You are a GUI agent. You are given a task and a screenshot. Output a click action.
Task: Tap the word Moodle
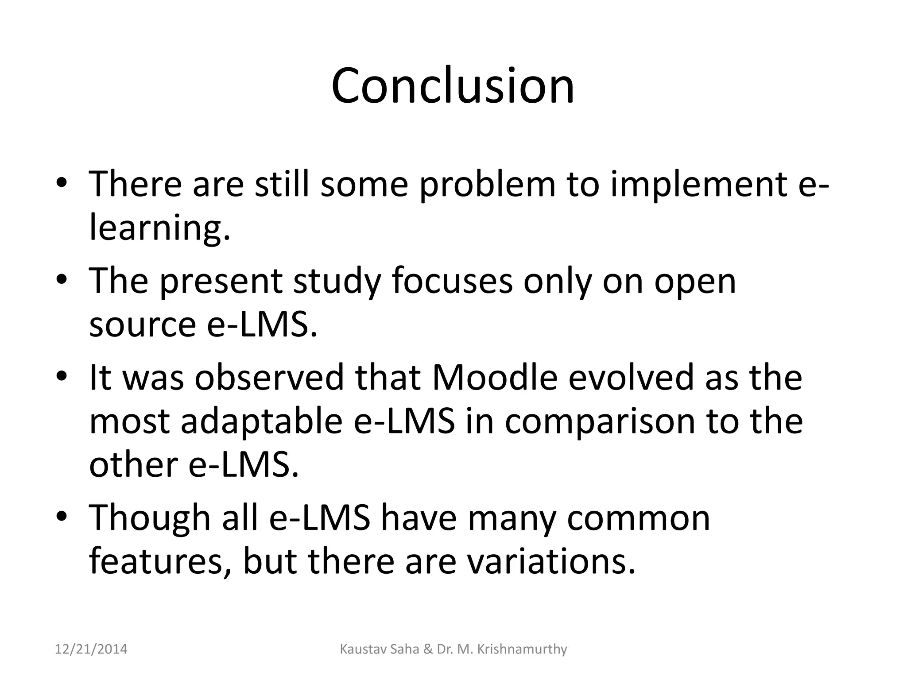coord(494,377)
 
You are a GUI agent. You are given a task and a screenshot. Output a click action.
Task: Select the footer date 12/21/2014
coord(91,649)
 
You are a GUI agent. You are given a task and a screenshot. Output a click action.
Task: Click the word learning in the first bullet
coord(159,228)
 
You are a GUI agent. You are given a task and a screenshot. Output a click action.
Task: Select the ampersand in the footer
coord(428,649)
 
